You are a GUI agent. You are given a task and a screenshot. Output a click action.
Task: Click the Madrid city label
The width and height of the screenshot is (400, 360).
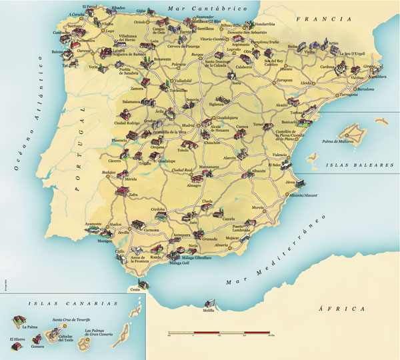(x=189, y=124)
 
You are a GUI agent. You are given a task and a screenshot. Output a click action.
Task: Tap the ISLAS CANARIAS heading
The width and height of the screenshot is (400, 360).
(x=65, y=303)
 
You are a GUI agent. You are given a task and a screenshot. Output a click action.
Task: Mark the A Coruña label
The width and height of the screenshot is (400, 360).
(x=77, y=13)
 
